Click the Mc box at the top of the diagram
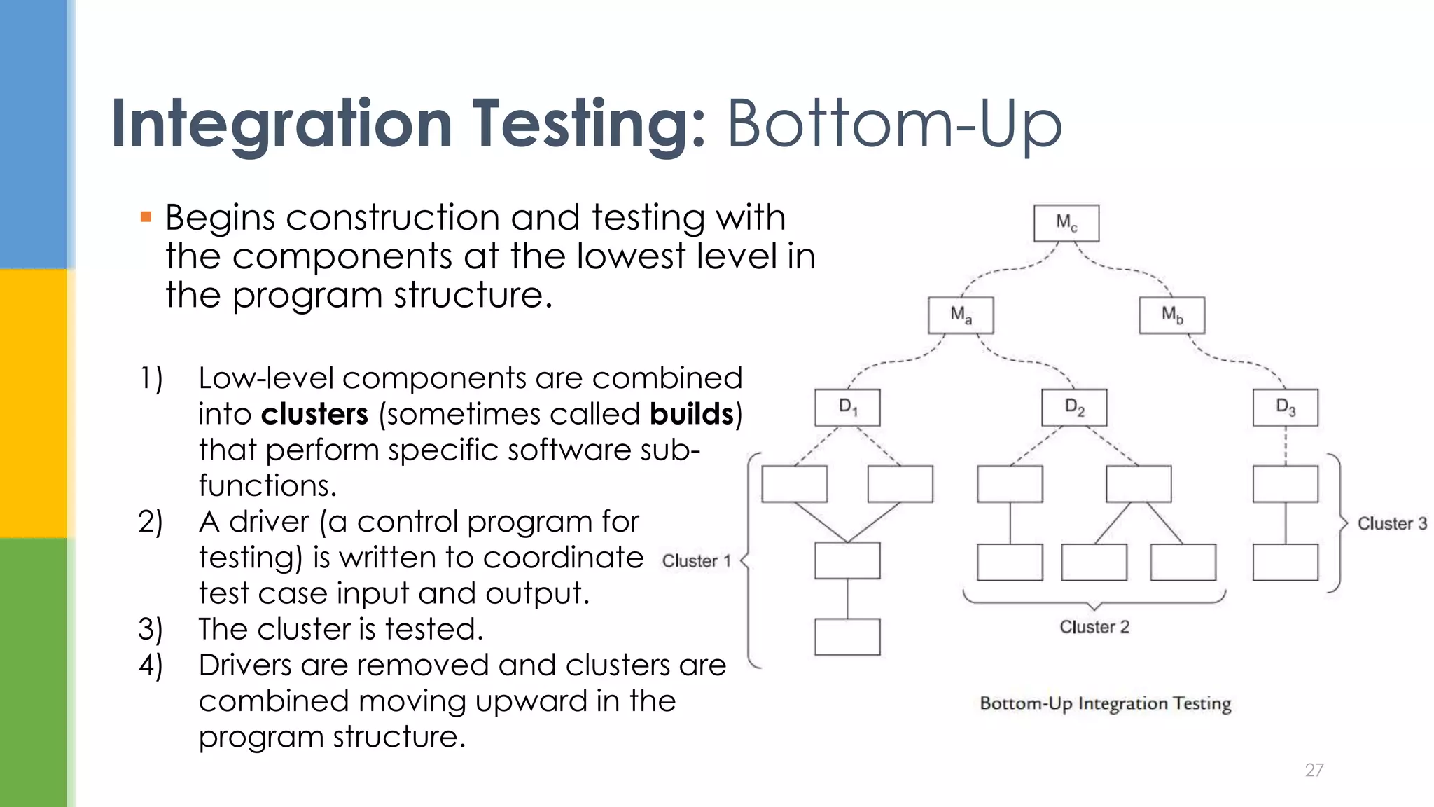tap(1066, 223)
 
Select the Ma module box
tap(961, 315)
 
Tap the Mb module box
tap(1172, 315)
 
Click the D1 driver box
tap(847, 408)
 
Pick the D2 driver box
tap(1074, 408)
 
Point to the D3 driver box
tap(1286, 408)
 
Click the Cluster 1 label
tap(696, 561)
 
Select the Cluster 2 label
tap(1094, 627)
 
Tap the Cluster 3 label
tap(1392, 524)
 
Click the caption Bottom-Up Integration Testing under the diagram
tap(1105, 703)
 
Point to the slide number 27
tap(1314, 770)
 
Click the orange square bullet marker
tap(146, 217)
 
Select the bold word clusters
tap(314, 415)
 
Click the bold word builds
tap(691, 415)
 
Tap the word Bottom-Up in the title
tap(894, 125)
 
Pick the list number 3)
tap(150, 629)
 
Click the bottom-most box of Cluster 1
tap(847, 637)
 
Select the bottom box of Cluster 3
tap(1286, 562)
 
